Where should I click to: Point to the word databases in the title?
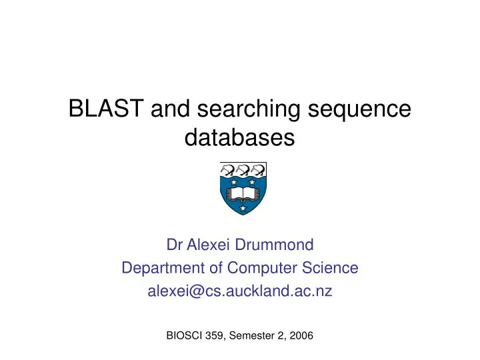[x=239, y=138]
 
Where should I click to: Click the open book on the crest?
[x=243, y=194]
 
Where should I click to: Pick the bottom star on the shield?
[x=243, y=209]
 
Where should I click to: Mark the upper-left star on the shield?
[x=233, y=182]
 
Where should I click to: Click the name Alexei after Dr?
[x=209, y=245]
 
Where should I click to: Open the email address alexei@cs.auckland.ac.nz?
[x=239, y=291]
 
